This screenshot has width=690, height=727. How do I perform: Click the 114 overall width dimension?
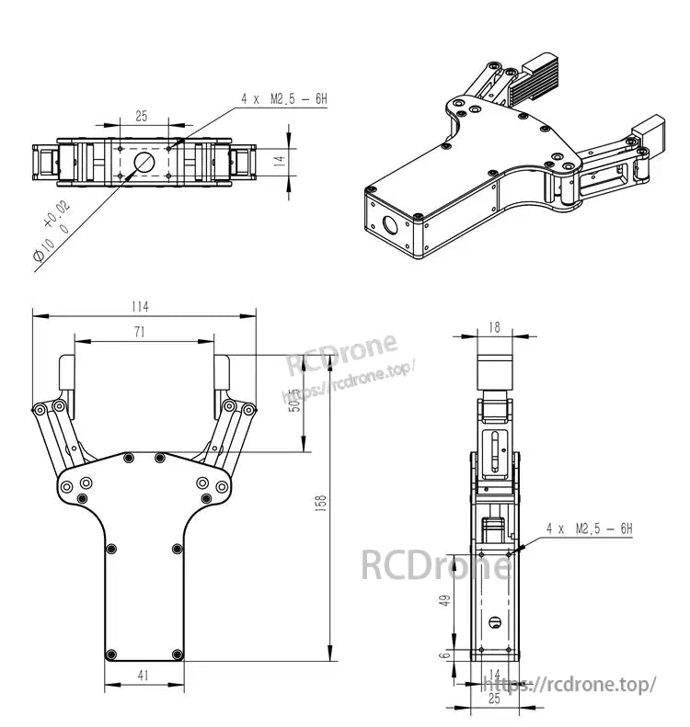coord(140,306)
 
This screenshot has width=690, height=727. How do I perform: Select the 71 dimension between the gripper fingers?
coord(139,333)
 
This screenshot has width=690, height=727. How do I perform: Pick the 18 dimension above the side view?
coord(494,326)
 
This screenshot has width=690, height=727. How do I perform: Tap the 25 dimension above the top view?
coord(142,116)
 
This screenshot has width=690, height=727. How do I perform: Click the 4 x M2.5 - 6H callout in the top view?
coord(283,97)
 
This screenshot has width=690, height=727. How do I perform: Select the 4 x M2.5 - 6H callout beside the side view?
coord(589,528)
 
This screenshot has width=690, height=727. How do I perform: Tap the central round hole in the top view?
coord(144,162)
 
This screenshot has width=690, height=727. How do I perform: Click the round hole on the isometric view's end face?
coord(389,224)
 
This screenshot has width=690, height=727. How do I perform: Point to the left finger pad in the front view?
coord(66,375)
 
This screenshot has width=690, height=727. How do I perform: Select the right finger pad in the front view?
coord(222,375)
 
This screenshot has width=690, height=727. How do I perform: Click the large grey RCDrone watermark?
coord(435,563)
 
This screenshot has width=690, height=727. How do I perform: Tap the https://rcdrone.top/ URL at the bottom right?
coord(570,685)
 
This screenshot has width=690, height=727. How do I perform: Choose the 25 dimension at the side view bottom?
coord(494,699)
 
